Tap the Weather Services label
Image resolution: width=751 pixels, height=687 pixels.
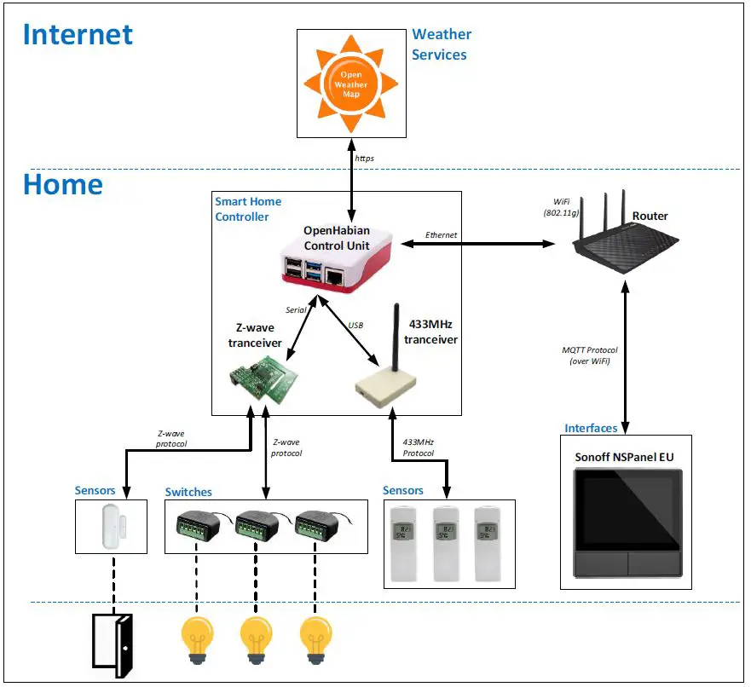(441, 44)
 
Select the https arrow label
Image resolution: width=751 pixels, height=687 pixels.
(365, 158)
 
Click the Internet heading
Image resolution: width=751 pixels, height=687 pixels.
(78, 34)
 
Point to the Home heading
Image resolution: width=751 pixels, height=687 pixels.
(63, 184)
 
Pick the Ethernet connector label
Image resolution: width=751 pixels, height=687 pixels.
(441, 234)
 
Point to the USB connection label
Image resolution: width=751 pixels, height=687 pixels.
(355, 325)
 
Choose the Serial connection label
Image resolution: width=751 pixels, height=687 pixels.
(296, 310)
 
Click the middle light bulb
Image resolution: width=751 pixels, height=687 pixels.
(256, 638)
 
